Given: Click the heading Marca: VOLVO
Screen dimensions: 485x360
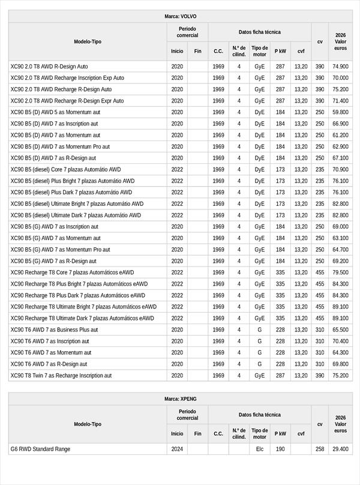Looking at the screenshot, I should point(180,16).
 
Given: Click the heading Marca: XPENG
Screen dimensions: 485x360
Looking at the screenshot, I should point(180,399).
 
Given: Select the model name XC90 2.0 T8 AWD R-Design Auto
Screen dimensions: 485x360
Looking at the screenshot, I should point(49,67).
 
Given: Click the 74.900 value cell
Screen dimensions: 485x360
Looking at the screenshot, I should point(340,67).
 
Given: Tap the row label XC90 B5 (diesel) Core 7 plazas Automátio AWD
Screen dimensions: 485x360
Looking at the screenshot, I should point(65,169).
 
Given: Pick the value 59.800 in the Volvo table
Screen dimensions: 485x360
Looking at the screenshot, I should point(340,112).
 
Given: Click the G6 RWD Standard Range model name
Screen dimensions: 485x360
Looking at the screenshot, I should point(40,449).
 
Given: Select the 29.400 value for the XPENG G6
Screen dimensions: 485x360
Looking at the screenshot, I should point(340,449).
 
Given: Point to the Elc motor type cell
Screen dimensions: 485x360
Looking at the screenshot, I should point(259,449).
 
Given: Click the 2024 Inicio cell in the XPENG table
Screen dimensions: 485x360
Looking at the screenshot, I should point(177,449).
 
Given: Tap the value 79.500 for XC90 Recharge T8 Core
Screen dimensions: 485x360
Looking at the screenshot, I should point(340,273).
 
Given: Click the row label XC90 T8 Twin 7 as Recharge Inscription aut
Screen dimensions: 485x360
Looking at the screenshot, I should point(61,376).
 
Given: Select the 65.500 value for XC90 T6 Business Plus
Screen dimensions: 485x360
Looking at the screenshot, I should point(340,330).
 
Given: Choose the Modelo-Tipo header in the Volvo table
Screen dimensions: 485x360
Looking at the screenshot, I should point(88,41).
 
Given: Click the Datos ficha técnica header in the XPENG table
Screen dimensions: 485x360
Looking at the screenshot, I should point(259,415).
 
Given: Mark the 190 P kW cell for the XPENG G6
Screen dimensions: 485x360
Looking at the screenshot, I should point(280,449).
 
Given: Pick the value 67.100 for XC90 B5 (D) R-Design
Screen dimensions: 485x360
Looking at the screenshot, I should point(340,158).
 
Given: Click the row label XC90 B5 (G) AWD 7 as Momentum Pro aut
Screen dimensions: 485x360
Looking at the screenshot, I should point(60,250).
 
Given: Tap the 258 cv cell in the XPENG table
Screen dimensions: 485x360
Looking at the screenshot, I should point(320,449).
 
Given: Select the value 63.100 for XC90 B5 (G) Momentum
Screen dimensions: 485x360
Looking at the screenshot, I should point(340,238).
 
